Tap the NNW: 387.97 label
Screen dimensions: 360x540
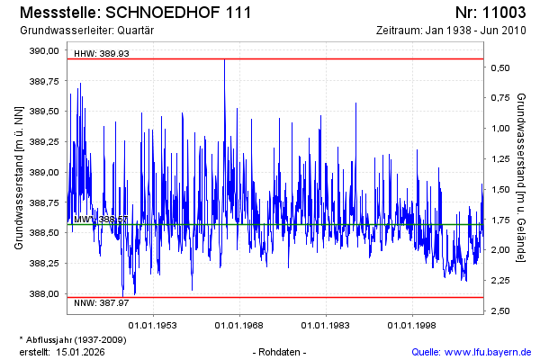(102, 303)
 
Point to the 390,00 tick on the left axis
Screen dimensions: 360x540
(45, 50)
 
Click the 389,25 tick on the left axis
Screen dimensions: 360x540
(45, 141)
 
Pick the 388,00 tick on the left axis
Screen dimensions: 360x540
(45, 293)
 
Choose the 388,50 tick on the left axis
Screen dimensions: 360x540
(45, 232)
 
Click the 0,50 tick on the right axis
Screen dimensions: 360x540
(502, 67)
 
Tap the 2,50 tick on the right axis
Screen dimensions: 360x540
(502, 311)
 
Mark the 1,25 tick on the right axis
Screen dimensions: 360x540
(502, 159)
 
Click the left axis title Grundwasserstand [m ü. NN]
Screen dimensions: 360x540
(19, 176)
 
